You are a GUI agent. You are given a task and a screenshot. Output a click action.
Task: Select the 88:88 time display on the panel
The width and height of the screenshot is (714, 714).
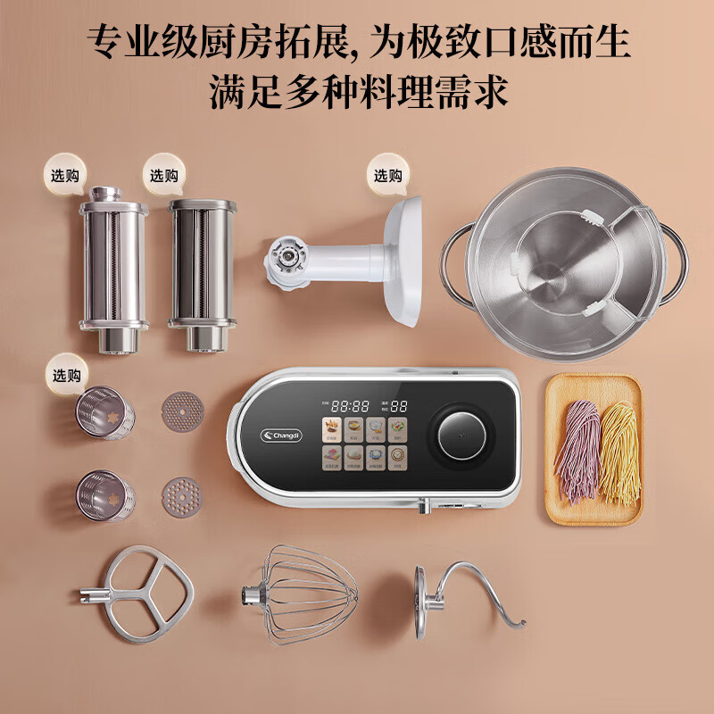click(350, 406)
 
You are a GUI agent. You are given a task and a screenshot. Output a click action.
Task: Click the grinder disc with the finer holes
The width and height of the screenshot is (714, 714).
click(182, 411)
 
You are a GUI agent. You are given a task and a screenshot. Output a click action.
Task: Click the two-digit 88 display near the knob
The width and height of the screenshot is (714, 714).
click(400, 406)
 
